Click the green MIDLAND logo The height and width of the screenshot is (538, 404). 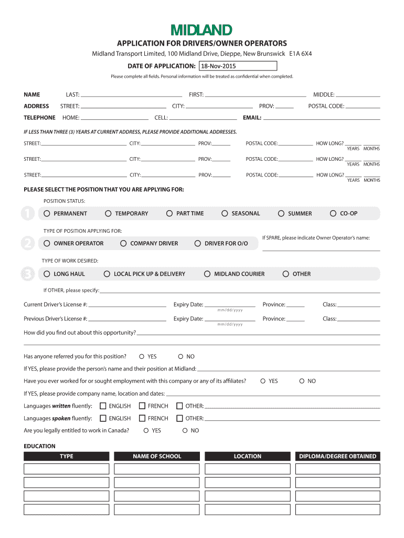click(x=201, y=30)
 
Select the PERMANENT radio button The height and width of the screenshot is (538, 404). click(x=47, y=213)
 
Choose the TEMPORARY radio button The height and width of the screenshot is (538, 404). click(x=108, y=213)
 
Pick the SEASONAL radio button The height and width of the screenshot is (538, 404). click(x=225, y=213)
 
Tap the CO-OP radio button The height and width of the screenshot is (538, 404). click(x=333, y=213)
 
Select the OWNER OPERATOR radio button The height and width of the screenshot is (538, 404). click(x=47, y=243)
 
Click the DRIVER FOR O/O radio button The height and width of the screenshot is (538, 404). click(x=198, y=243)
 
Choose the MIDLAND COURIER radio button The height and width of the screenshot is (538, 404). click(x=207, y=274)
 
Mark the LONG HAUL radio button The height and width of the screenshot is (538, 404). click(x=47, y=274)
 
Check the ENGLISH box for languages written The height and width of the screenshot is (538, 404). click(x=103, y=406)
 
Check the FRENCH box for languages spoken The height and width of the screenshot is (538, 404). click(x=142, y=418)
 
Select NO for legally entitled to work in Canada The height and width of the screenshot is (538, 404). click(x=185, y=430)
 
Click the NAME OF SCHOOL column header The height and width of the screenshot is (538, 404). click(x=157, y=456)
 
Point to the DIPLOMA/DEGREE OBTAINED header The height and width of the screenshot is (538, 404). click(x=337, y=456)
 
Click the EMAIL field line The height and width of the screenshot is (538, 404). click(x=321, y=118)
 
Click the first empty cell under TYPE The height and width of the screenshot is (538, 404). click(x=67, y=469)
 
